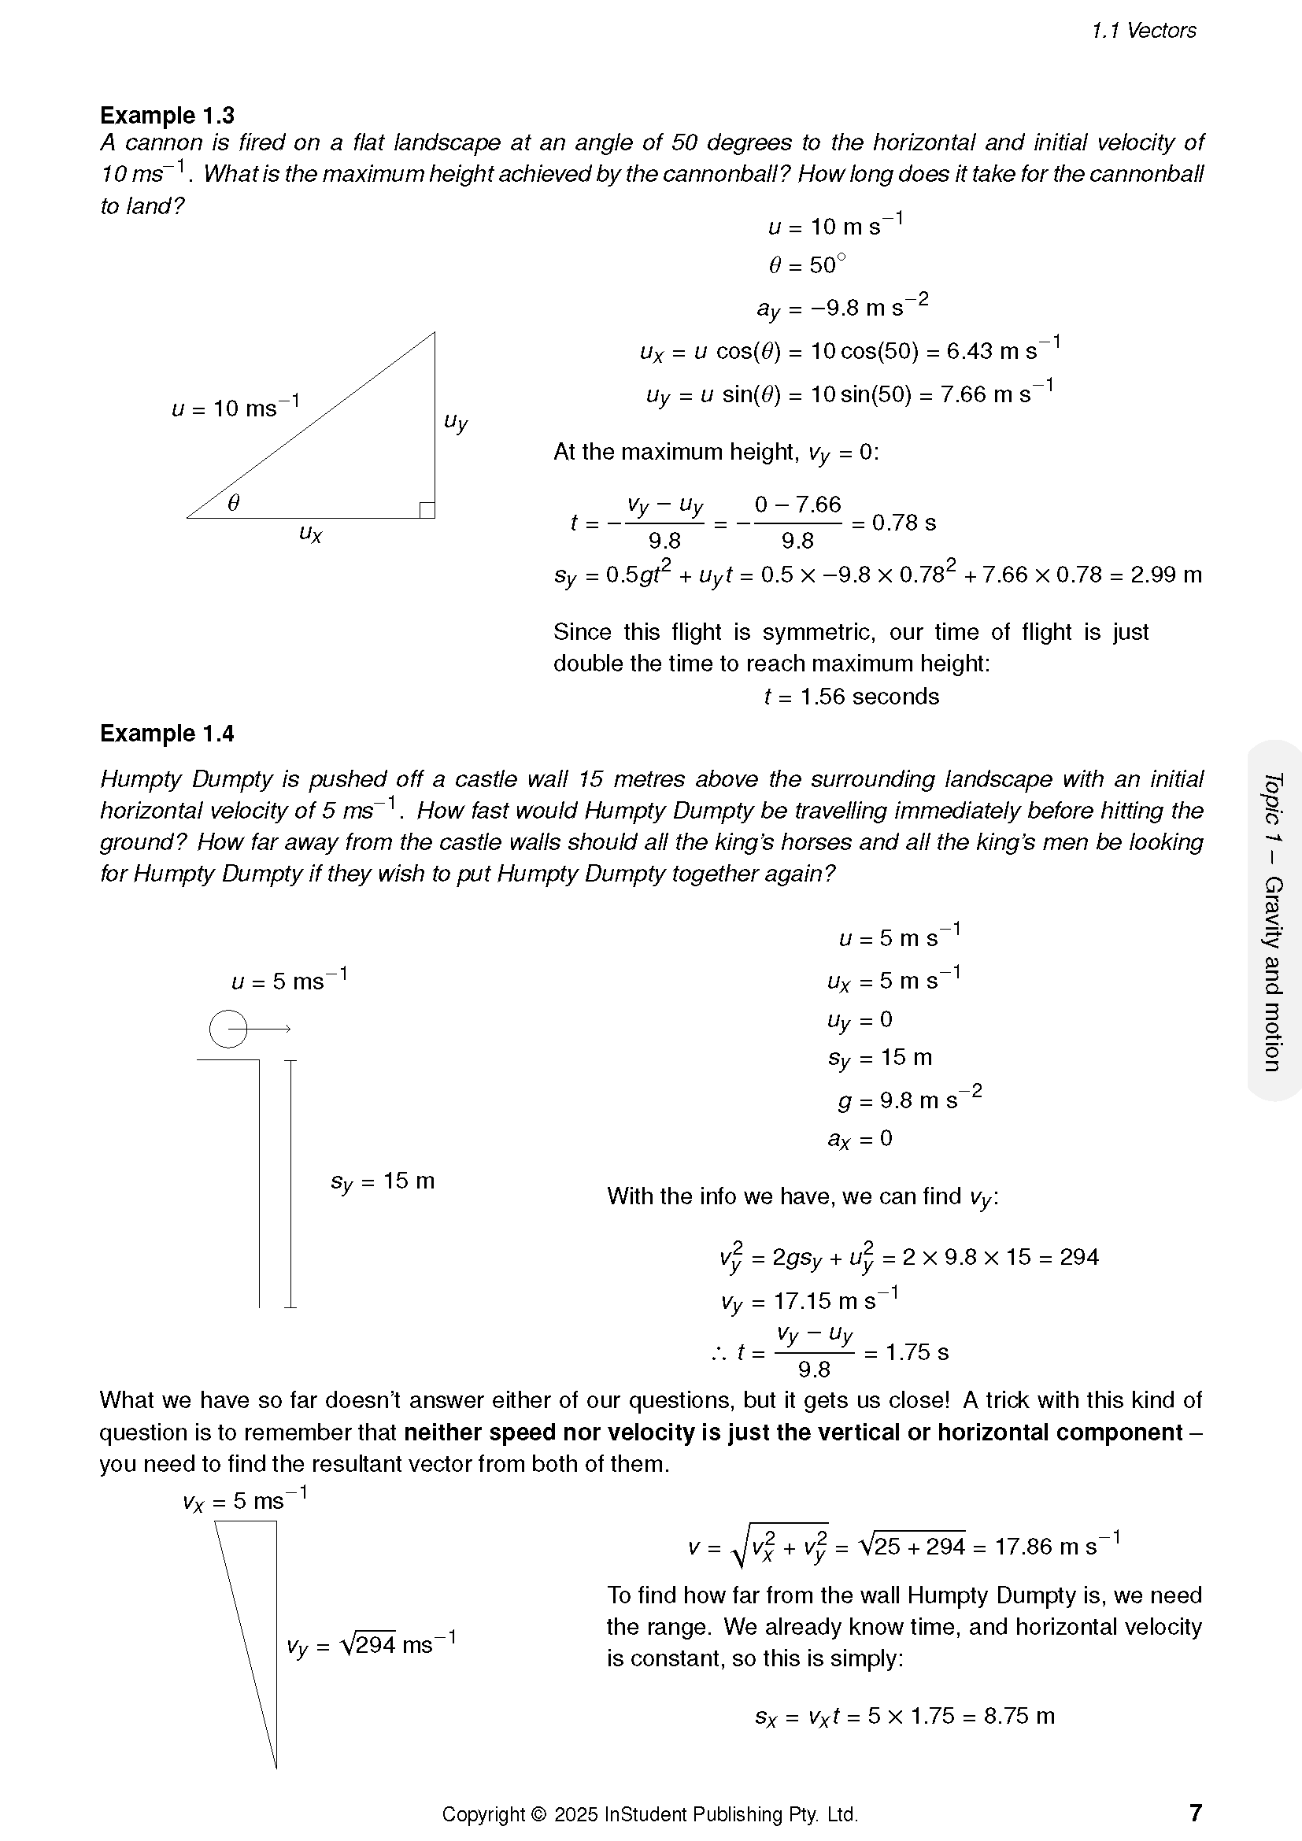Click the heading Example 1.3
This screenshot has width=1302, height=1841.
tap(167, 116)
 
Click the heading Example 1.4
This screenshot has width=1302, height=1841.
tap(167, 734)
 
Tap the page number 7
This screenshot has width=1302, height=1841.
tap(1196, 1812)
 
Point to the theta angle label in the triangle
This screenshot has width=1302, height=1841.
tap(233, 503)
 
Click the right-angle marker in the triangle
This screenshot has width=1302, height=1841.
tap(427, 510)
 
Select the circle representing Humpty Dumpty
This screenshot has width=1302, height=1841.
tap(227, 1029)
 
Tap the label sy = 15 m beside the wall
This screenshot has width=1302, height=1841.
tap(383, 1182)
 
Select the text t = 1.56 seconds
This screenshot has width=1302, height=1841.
tap(852, 696)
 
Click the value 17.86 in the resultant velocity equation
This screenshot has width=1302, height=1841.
tap(1023, 1546)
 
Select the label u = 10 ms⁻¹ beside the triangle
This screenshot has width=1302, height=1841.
tap(235, 408)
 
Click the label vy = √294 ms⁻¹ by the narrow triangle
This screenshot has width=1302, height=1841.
tap(372, 1645)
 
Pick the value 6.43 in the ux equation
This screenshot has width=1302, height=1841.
tap(967, 351)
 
